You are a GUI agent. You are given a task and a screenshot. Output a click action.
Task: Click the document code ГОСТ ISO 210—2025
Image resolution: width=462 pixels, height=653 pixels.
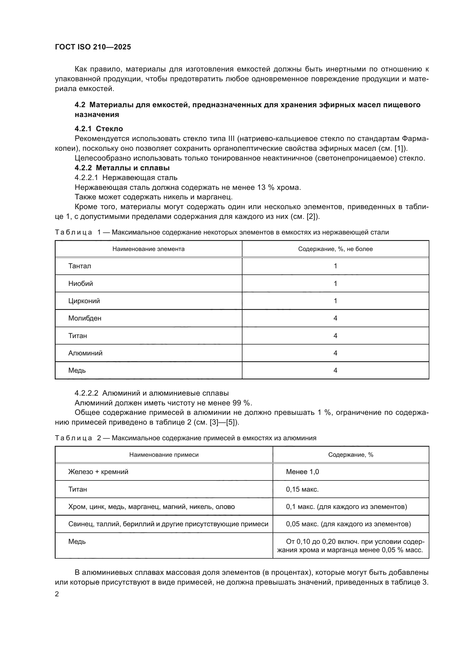pyautogui.click(x=93, y=47)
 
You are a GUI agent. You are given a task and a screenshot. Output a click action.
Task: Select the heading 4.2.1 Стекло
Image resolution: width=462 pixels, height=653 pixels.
pyautogui.click(x=99, y=129)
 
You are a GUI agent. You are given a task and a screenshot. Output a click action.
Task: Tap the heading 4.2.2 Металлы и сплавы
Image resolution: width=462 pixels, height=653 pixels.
pyautogui.click(x=122, y=168)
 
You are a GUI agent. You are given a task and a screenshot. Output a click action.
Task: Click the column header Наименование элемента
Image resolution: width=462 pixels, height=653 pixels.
pyautogui.click(x=148, y=249)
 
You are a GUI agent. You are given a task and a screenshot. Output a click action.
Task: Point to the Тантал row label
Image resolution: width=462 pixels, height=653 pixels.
pyautogui.click(x=80, y=266)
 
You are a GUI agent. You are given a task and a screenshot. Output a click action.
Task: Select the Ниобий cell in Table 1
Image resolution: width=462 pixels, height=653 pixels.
pyautogui.click(x=80, y=284)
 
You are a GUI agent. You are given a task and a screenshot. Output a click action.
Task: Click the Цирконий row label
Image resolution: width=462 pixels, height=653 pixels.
pyautogui.click(x=84, y=301)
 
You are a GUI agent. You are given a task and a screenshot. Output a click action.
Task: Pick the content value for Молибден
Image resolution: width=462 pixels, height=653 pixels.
pyautogui.click(x=335, y=318)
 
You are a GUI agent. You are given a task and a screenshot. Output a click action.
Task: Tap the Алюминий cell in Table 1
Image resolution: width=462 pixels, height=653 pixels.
pyautogui.click(x=85, y=353)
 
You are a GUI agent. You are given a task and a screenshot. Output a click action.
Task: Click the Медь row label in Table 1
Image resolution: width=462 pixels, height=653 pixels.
pyautogui.click(x=77, y=370)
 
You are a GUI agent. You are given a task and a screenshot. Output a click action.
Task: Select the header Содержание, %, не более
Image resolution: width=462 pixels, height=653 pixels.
pyautogui.click(x=335, y=249)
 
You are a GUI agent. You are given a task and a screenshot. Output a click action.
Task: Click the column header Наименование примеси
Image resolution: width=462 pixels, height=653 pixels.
pyautogui.click(x=164, y=455)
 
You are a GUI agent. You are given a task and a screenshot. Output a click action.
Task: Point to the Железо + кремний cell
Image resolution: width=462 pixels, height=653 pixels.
pyautogui.click(x=98, y=472)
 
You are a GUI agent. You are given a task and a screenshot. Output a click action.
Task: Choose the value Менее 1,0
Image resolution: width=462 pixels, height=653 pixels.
pyautogui.click(x=302, y=472)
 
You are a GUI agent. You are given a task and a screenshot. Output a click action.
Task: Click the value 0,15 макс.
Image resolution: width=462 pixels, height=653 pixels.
pyautogui.click(x=302, y=489)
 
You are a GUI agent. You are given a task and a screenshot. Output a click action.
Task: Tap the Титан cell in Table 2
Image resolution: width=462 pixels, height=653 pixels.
pyautogui.click(x=77, y=489)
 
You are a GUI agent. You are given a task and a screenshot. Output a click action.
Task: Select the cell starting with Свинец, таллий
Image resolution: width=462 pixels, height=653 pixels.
pyautogui.click(x=168, y=524)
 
